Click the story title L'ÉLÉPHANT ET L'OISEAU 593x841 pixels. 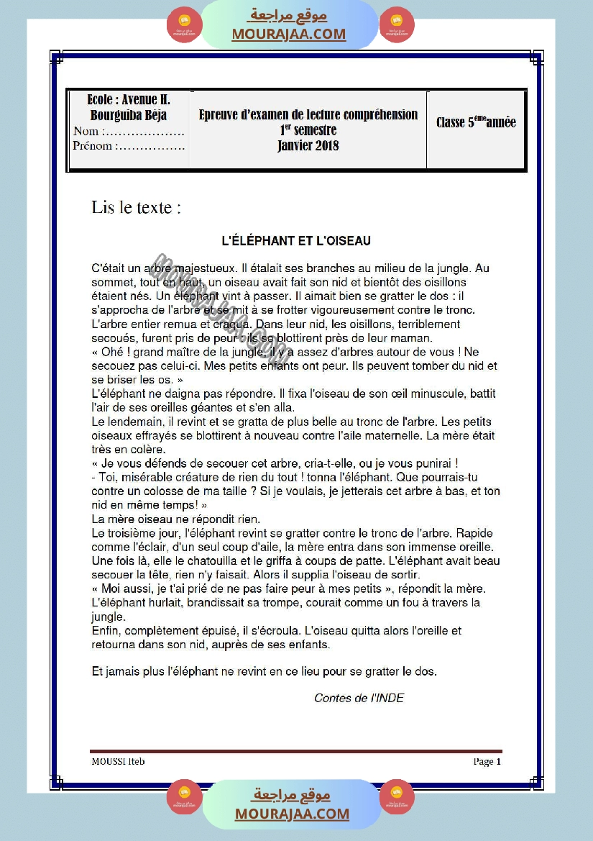pos(295,241)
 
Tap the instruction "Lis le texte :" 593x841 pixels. pos(136,208)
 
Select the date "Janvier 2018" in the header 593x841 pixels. pos(308,145)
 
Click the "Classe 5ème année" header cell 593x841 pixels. pos(476,122)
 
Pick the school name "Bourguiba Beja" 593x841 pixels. pos(129,115)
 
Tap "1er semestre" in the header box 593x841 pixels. pos(308,130)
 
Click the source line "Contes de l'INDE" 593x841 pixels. pos(359,698)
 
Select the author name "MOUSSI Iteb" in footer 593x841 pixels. pos(118,761)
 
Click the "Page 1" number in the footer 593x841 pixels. pos(487,761)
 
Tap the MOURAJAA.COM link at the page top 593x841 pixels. pos(288,34)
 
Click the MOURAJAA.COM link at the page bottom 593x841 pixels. pos(292,814)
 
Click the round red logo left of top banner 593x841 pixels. pos(184,25)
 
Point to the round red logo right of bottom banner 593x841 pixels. pos(397,796)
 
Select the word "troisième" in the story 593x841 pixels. pos(134,534)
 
